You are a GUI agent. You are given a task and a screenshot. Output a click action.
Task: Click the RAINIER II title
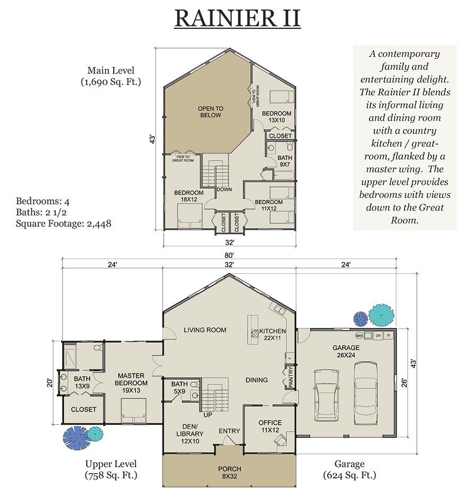237,19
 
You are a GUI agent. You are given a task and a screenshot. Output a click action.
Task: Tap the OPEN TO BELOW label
210,112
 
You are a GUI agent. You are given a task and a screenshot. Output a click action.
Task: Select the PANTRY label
291,377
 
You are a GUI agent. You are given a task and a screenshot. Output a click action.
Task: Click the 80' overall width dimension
230,256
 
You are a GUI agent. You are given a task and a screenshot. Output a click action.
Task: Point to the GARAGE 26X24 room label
345,351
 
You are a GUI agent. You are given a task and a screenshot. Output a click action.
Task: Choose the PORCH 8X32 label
230,472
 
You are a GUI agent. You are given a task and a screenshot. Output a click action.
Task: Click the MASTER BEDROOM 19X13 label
131,383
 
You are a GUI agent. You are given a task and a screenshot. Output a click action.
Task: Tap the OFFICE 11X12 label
270,426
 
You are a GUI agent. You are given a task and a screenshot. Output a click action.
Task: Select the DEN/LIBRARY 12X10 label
190,434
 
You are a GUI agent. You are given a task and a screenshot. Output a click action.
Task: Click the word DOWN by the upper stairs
224,190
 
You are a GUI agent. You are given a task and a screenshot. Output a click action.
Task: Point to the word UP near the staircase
208,415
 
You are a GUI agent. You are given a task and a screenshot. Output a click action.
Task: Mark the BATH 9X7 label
284,161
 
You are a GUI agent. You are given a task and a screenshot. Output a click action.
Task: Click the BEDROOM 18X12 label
189,196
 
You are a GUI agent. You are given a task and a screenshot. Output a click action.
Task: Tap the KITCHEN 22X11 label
273,334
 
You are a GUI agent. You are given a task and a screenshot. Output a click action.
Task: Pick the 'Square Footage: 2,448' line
63,224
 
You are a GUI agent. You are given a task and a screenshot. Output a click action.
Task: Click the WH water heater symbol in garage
359,335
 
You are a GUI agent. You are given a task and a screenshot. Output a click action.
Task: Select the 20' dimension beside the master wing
49,383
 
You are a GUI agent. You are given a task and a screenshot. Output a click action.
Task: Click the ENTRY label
229,431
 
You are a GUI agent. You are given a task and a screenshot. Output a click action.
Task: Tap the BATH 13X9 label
82,382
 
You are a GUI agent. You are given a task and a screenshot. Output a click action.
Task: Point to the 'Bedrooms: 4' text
43,201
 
